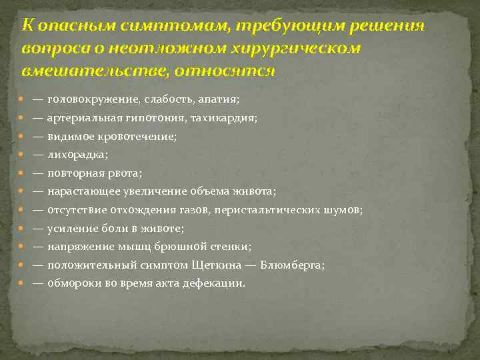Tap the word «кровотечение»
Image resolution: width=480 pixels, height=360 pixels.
(x=141, y=136)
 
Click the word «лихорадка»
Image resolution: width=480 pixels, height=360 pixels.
(x=77, y=154)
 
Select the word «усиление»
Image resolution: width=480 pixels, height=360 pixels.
(x=69, y=228)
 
